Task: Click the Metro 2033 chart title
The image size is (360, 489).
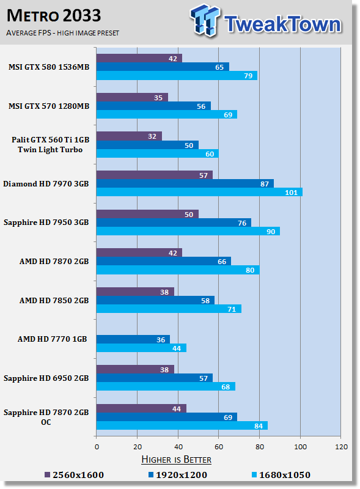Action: pos(54,16)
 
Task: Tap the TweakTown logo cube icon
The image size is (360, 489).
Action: pos(205,20)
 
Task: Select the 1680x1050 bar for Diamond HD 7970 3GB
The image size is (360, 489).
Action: pos(199,192)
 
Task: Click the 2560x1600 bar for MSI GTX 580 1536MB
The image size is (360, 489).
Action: pos(139,58)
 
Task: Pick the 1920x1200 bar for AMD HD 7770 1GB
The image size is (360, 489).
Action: pos(133,339)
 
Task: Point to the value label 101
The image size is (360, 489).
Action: pos(291,193)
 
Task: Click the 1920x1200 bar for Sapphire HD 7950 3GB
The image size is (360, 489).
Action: pos(174,222)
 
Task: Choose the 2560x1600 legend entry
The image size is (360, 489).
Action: pos(74,475)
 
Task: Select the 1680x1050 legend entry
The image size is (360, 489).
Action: pos(281,475)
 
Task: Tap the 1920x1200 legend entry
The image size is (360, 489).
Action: pos(177,475)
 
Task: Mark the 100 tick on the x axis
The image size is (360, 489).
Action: pos(301,447)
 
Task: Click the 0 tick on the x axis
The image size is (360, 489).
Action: pos(97,447)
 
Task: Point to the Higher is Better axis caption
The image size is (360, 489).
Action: pos(176,460)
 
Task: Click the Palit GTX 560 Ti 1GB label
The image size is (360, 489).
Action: pos(51,140)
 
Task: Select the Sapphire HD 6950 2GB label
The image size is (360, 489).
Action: pos(46,378)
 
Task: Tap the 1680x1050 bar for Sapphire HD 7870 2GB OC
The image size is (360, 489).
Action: pos(182,425)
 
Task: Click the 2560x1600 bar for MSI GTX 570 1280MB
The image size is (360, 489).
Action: pos(132,97)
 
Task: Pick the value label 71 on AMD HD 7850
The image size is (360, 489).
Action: pos(232,309)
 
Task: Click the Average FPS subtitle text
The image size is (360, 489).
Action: pos(63,33)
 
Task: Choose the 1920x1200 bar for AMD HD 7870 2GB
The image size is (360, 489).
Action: pos(164,262)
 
